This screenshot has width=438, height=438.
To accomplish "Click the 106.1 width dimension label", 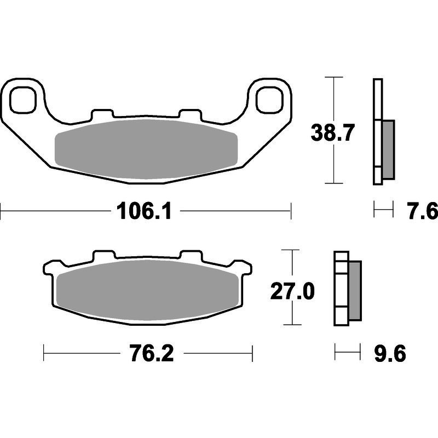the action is coord(144,211).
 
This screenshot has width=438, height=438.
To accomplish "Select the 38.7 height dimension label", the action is coord(333,133).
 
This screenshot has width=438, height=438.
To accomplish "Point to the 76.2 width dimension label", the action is coord(152,353).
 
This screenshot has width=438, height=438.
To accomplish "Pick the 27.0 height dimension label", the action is coord(292,291).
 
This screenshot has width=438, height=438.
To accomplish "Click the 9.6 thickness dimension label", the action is coord(390,353).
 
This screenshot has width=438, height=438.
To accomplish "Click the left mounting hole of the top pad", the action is coord(23,100).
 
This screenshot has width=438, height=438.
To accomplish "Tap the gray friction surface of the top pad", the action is coord(146,149).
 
